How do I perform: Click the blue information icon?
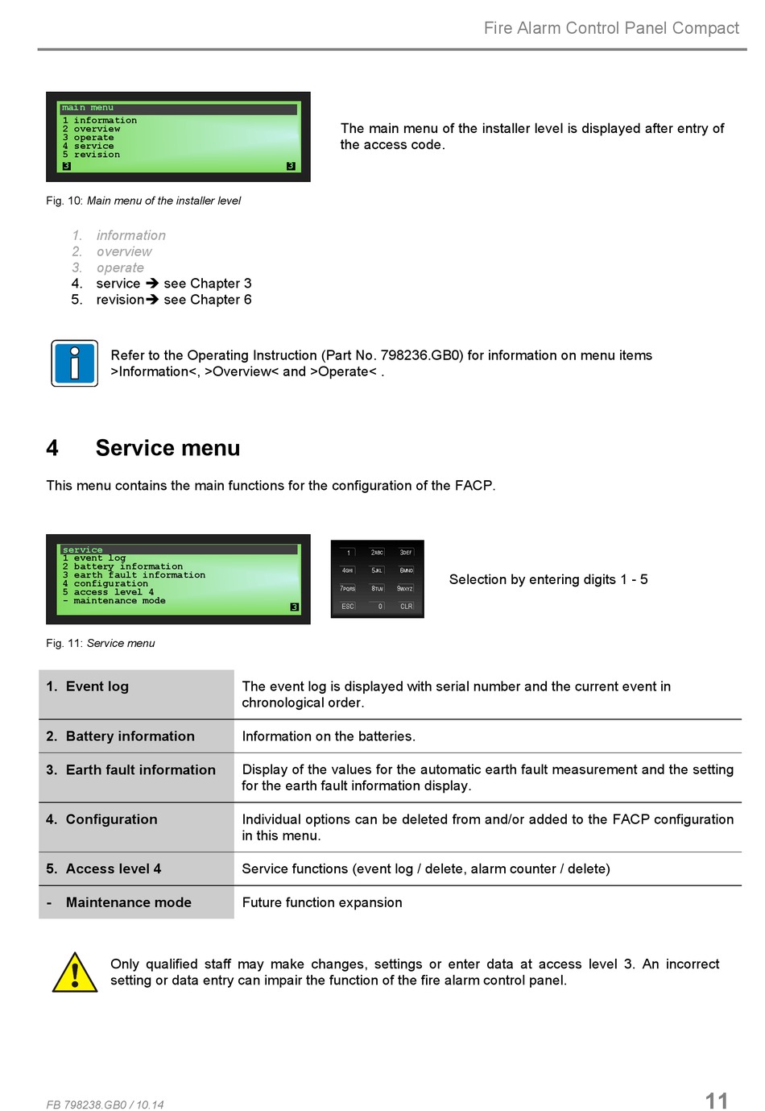click(74, 363)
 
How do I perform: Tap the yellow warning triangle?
click(75, 973)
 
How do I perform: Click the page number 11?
click(716, 1101)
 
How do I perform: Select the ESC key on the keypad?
click(348, 606)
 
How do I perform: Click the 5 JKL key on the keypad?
click(377, 570)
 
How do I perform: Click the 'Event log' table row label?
click(97, 686)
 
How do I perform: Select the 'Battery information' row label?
click(130, 736)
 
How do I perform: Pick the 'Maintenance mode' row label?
click(128, 902)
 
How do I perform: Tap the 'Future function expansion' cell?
click(322, 902)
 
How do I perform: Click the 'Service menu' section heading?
click(167, 448)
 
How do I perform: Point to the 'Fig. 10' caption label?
click(64, 201)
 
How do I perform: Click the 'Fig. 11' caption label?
click(64, 643)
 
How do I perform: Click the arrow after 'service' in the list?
click(152, 284)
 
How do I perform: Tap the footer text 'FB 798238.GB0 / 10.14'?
click(105, 1105)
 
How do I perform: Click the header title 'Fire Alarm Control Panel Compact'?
click(611, 28)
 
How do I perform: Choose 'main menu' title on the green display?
click(88, 108)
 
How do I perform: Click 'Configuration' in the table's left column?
click(111, 819)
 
